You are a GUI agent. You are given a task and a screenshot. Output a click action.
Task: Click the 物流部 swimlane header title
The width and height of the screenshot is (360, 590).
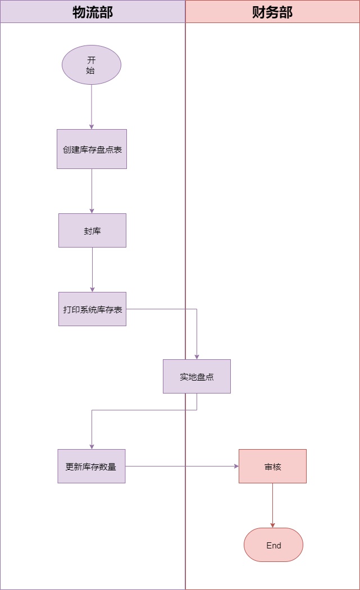coord(93,12)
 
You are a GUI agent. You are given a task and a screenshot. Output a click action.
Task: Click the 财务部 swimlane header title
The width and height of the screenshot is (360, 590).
coord(272,12)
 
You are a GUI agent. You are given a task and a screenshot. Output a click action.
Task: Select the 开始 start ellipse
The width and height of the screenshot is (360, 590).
coord(92,65)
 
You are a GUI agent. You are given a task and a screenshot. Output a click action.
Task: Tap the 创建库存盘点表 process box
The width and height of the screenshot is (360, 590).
coord(92,149)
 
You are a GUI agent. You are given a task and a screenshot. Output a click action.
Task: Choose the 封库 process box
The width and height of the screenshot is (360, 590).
coord(92,230)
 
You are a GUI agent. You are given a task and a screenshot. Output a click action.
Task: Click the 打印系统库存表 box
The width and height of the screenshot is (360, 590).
coord(92,309)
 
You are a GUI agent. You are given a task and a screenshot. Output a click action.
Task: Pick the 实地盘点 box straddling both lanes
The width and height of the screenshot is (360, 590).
coord(197,376)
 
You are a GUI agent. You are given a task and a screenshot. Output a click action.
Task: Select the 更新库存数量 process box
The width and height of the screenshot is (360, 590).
coord(92,466)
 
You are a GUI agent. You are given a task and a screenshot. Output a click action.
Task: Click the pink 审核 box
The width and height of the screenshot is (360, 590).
coord(272,466)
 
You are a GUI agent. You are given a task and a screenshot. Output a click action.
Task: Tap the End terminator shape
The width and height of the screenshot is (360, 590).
coord(274,545)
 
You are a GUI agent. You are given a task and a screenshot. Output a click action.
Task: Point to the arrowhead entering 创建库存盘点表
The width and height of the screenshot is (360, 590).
coord(92,126)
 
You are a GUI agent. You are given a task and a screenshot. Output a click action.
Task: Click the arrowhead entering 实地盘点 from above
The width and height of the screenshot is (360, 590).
coord(197,356)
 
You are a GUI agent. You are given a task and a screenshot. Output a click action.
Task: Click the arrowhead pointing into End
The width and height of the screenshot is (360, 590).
coord(273,525)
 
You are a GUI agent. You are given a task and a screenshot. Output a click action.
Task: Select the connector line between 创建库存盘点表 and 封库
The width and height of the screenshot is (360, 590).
coord(92,191)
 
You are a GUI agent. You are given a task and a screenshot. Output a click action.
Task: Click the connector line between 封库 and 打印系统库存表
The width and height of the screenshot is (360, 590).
coord(92,269)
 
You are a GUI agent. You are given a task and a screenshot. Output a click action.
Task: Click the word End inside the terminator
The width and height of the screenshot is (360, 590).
coord(274,546)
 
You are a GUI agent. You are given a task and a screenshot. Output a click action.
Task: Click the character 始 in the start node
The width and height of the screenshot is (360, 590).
coord(91,71)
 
